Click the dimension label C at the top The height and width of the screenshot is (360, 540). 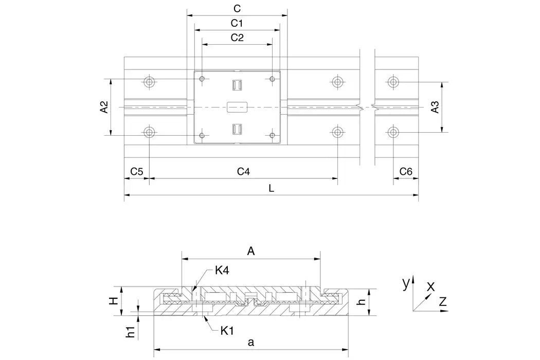coord(237,8)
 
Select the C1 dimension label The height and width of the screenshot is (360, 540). coord(237,23)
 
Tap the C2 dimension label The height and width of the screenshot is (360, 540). coord(237,38)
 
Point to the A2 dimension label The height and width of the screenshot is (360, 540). coord(104,107)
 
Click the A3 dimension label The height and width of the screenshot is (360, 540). coord(435,107)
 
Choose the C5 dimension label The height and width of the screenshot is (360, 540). coord(136,171)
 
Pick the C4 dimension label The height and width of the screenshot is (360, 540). coord(243,171)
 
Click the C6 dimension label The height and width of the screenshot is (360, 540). coord(406,171)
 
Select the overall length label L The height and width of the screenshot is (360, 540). coord(272,188)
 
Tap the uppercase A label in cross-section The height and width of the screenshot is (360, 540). coord(251,251)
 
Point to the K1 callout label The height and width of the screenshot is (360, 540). coord(227,331)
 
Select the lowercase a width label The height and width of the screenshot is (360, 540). coord(250,341)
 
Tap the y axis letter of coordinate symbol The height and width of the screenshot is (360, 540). coord(406,282)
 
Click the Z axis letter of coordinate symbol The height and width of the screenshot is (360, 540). coord(442,302)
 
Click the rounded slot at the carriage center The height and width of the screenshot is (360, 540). coord(237,107)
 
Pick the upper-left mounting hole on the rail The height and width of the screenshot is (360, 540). coord(149,82)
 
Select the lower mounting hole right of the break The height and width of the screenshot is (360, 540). coord(393,132)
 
